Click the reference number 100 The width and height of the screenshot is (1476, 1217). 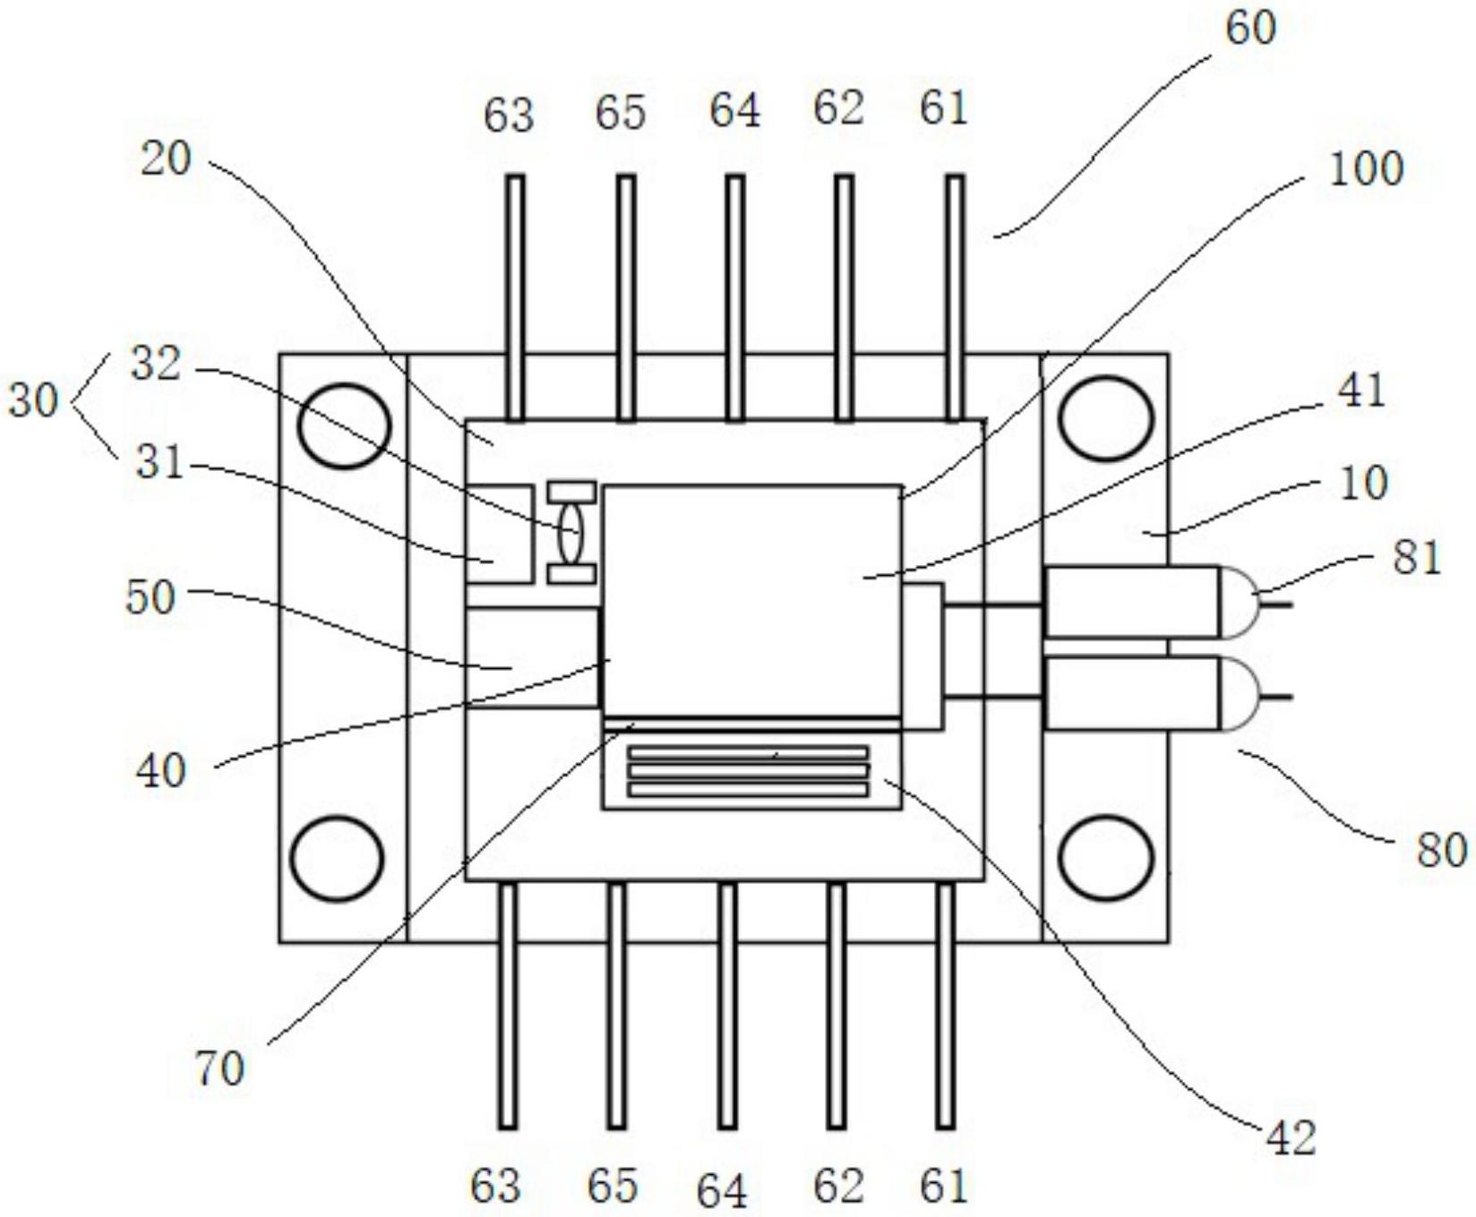1365,169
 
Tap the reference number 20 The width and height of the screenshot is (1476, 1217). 166,159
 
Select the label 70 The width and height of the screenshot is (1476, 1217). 219,1067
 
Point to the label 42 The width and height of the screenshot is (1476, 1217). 1291,1138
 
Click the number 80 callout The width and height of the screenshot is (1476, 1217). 1441,848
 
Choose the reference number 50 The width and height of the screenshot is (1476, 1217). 150,596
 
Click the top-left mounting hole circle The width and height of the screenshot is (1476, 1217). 344,426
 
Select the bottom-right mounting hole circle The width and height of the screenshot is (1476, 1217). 1105,859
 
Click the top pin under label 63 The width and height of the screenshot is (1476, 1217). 515,297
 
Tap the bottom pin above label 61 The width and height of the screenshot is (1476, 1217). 945,1006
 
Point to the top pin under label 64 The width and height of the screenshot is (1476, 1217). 734,297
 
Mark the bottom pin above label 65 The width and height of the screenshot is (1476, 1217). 616,1006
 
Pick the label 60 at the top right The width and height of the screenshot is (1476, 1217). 1249,28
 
